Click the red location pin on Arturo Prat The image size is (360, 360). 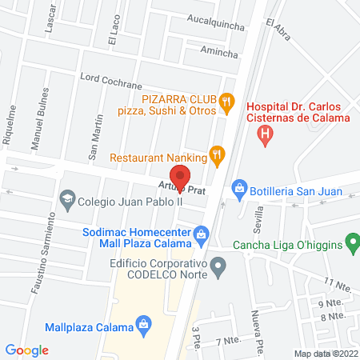(x=180, y=177)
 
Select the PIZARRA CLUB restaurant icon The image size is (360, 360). (x=227, y=102)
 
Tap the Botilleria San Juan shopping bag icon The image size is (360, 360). (x=238, y=190)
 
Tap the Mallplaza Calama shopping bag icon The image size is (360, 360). (x=143, y=324)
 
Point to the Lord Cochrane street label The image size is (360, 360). (x=110, y=81)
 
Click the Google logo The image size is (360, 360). (x=27, y=350)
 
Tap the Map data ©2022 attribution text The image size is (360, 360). (x=325, y=354)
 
